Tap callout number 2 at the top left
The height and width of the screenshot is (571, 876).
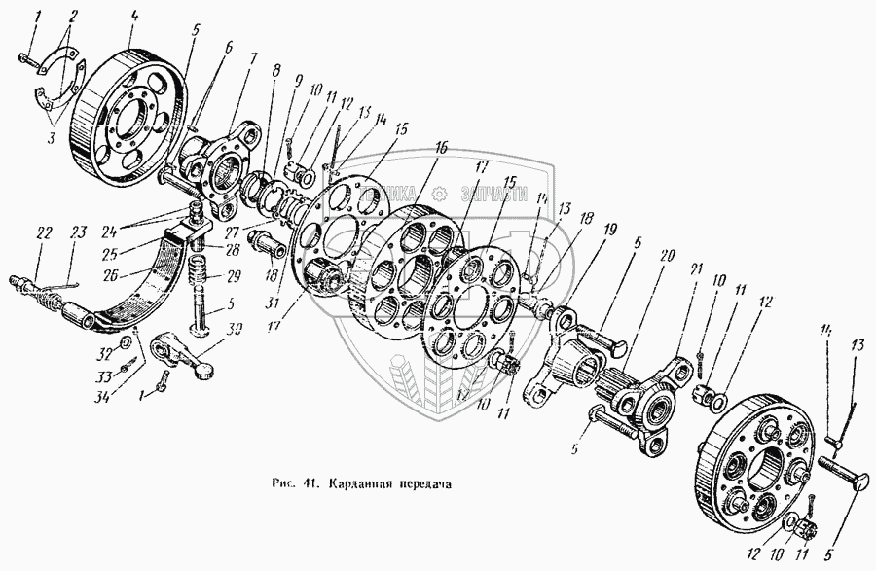(x=70, y=17)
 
